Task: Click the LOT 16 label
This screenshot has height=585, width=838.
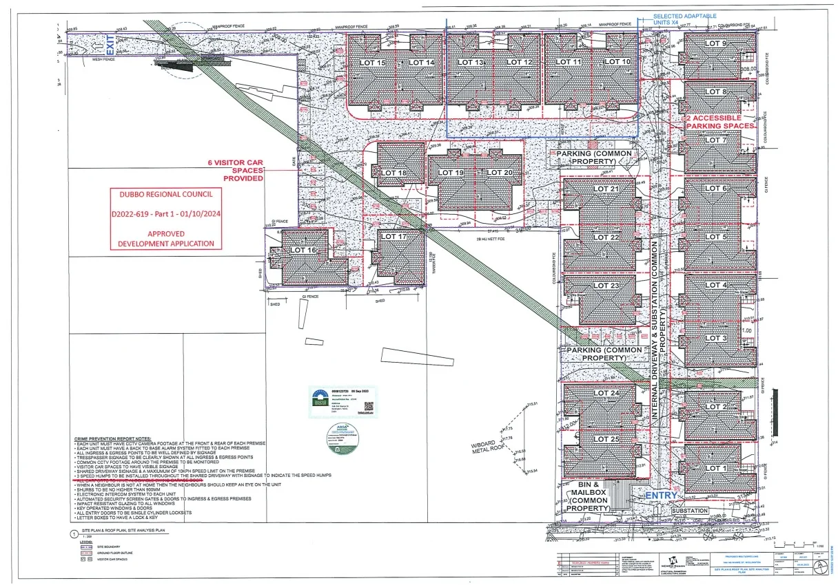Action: (302, 251)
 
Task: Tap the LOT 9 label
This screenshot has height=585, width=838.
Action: (715, 43)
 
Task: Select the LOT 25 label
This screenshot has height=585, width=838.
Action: (606, 439)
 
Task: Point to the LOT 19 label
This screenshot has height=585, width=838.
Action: (451, 173)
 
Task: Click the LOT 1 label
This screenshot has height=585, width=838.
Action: (715, 469)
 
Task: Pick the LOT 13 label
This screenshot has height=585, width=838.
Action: (471, 63)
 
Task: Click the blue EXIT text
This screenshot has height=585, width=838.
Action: (108, 45)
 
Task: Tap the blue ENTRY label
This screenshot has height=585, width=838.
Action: (662, 496)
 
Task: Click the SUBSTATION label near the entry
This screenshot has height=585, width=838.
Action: (689, 511)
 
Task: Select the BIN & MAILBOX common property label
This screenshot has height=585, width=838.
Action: (589, 496)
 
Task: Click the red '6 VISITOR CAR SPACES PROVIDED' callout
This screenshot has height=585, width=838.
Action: (237, 170)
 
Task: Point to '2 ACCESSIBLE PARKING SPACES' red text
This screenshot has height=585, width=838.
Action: (720, 122)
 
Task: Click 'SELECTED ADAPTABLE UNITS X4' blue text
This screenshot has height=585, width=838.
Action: (684, 19)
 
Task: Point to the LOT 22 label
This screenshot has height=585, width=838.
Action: (606, 237)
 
